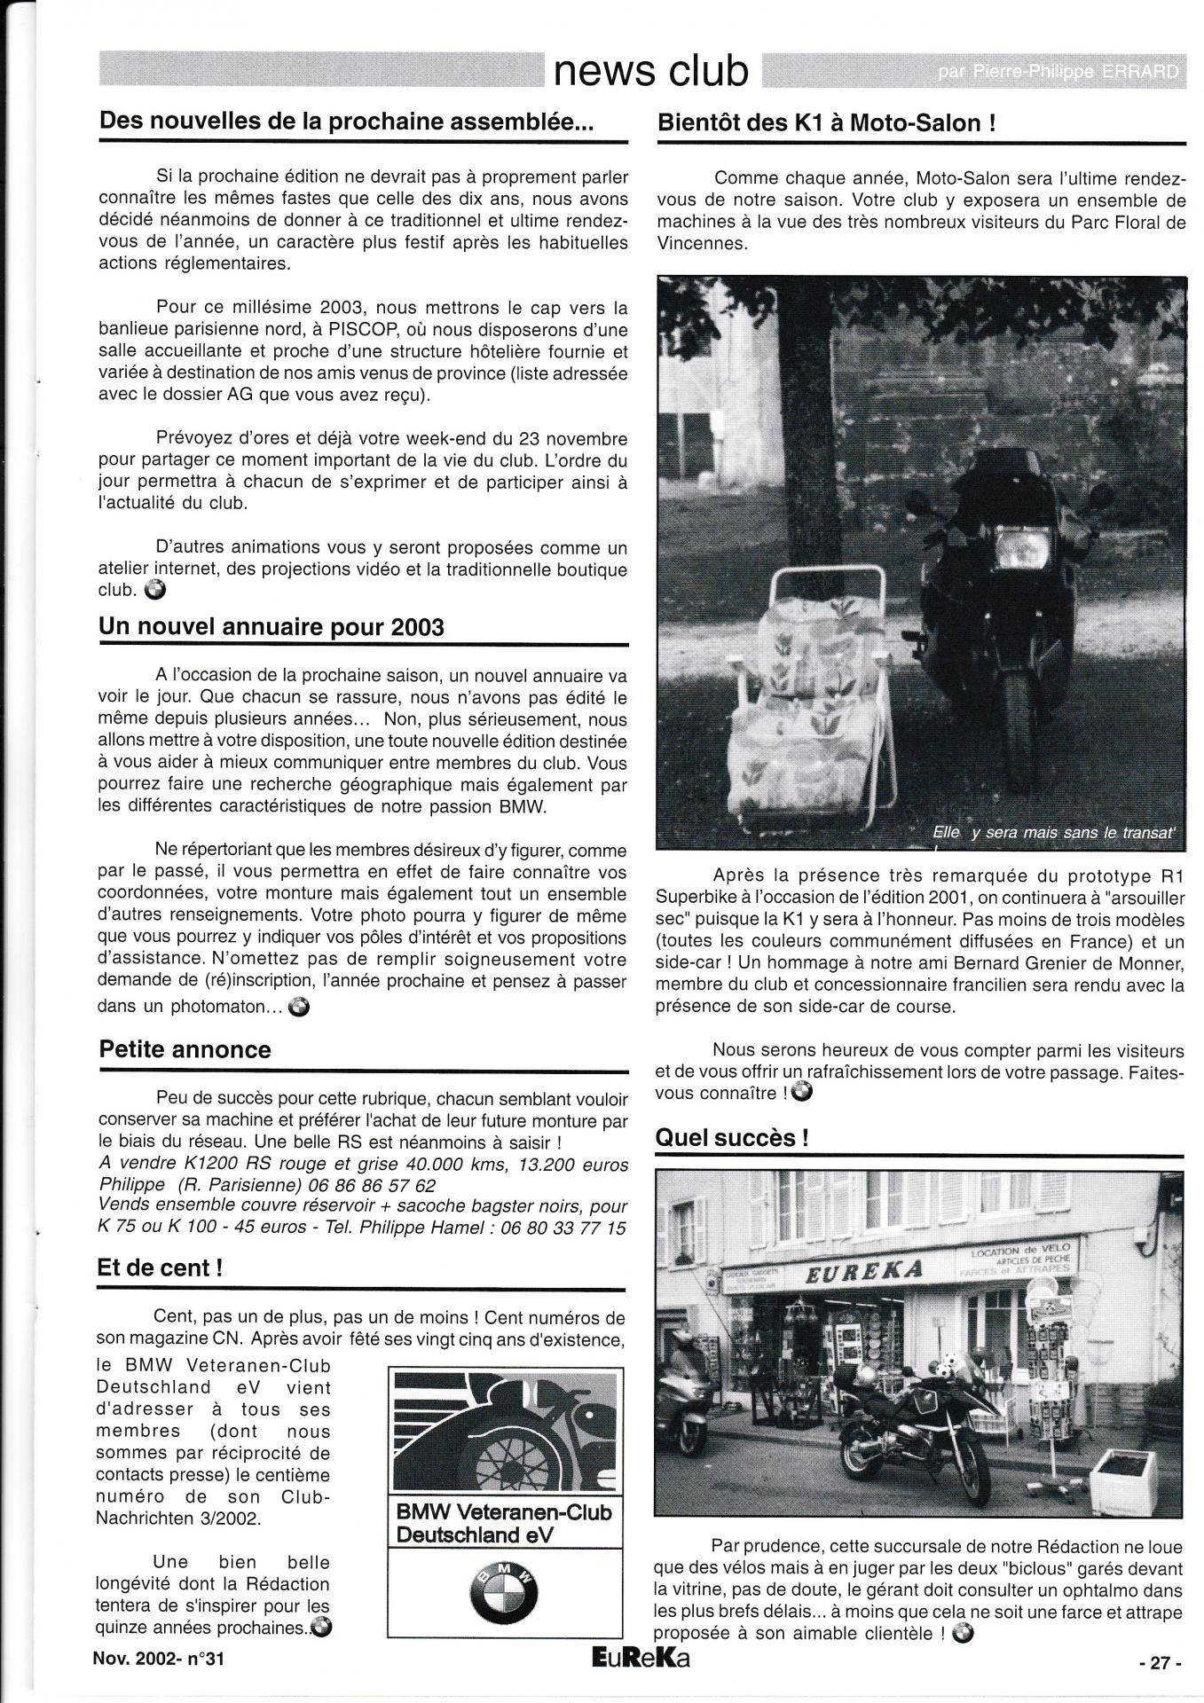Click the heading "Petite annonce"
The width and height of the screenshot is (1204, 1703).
click(x=185, y=1049)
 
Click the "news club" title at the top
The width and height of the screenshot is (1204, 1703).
click(x=650, y=70)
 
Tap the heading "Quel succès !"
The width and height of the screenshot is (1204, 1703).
click(x=732, y=1137)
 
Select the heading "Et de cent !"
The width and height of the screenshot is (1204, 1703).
click(x=160, y=1267)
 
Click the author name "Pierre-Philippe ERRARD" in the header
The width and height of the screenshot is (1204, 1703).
click(x=1060, y=72)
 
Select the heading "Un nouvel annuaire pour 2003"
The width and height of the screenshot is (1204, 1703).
click(x=271, y=627)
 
